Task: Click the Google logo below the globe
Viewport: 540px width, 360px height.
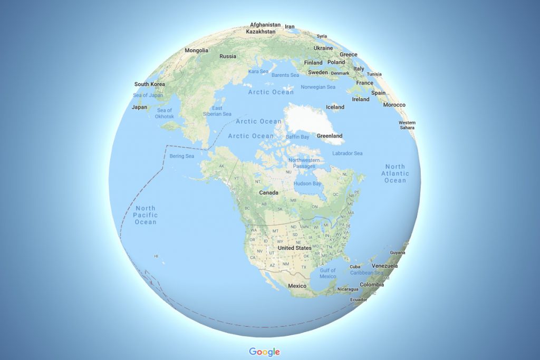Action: coord(264,352)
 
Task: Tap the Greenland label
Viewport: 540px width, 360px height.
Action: coord(330,136)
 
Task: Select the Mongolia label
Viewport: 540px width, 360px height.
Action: coord(197,51)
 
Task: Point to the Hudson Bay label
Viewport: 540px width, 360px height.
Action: coord(307,183)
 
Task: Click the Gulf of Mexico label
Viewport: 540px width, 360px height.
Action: coord(327,274)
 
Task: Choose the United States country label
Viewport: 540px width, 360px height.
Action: coord(294,248)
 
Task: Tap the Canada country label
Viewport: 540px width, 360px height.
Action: coord(268,193)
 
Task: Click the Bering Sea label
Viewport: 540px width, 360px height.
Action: coord(182,157)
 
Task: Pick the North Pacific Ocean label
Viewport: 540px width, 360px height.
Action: coord(146,215)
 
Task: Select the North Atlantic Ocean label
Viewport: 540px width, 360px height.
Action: coord(395,173)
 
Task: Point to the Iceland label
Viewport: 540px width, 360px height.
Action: coord(335,107)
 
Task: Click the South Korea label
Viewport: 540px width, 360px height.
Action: coord(149,84)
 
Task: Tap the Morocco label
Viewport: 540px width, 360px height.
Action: coord(394,105)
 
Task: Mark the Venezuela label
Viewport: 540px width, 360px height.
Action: coord(384,266)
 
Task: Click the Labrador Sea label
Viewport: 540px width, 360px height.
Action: coord(348,153)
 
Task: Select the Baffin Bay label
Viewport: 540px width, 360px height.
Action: coord(297,137)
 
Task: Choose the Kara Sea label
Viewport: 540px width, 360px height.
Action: coord(258,72)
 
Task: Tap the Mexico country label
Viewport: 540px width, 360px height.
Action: coord(297,286)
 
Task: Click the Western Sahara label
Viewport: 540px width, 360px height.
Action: coord(407,125)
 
